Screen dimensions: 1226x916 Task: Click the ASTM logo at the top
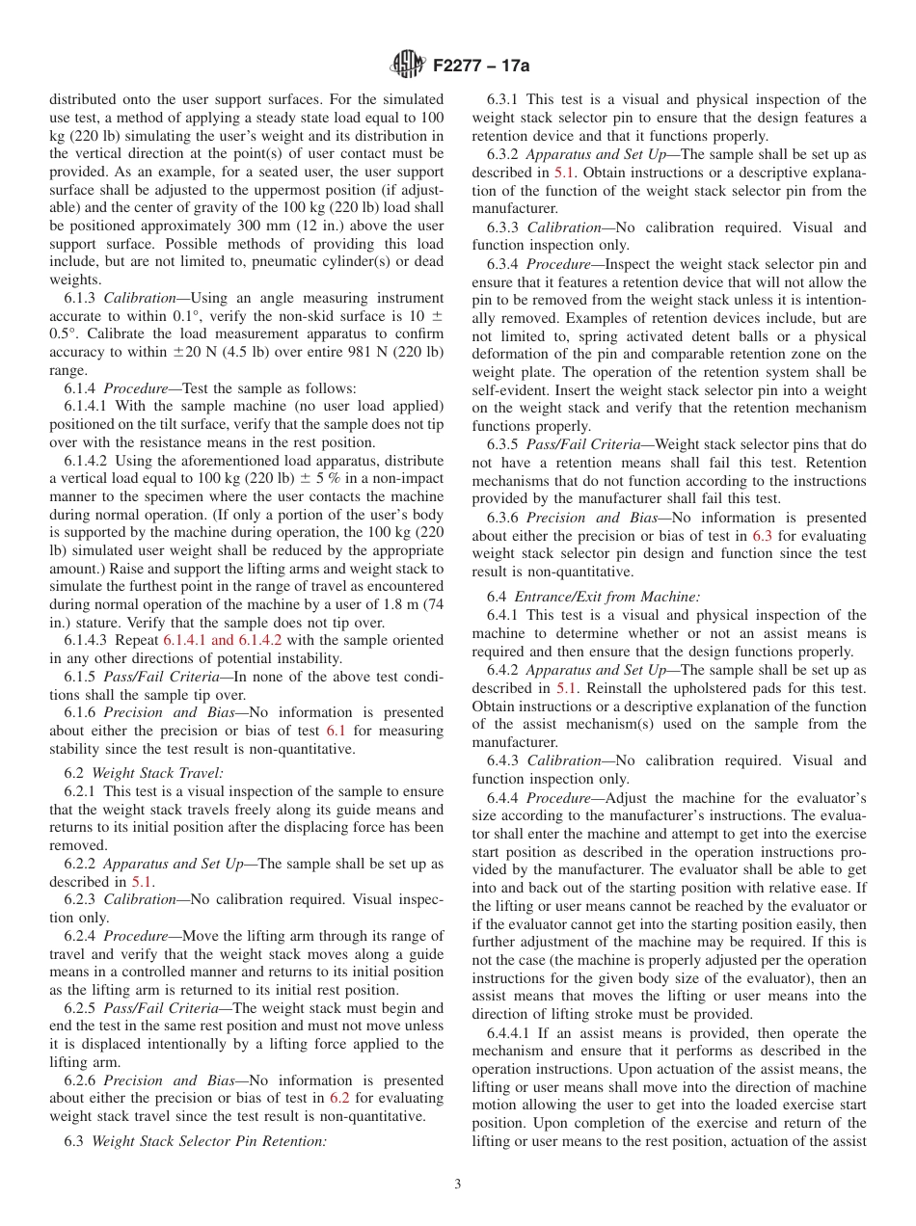pyautogui.click(x=408, y=66)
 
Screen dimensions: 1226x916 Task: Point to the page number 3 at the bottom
pyautogui.click(x=458, y=1185)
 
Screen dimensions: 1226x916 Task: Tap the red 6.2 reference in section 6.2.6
pyautogui.click(x=339, y=1098)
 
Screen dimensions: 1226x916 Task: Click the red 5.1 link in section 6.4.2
pyautogui.click(x=567, y=688)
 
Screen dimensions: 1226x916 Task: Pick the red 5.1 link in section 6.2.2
pyautogui.click(x=142, y=882)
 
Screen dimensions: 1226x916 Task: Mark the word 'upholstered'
pyautogui.click(x=709, y=688)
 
